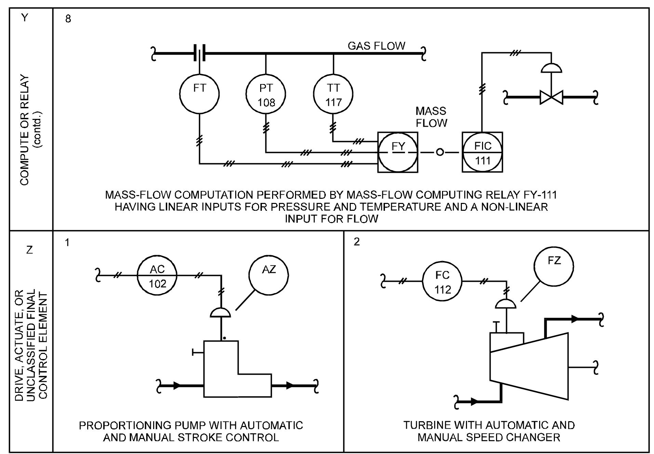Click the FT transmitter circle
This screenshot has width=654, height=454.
(199, 93)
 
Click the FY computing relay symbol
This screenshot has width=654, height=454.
(398, 152)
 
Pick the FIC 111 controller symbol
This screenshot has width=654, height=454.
(482, 152)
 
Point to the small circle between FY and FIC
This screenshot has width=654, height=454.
(440, 152)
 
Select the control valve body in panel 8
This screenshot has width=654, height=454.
(551, 97)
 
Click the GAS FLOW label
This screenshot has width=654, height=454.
(376, 46)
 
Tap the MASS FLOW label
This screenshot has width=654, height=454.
(431, 117)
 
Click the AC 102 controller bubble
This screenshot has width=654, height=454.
(157, 276)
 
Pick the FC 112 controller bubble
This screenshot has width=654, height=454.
(442, 282)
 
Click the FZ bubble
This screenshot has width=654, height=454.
(554, 266)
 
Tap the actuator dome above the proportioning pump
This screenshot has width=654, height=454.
(221, 312)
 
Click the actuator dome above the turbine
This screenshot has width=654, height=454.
(506, 304)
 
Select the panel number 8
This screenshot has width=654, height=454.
(68, 19)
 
